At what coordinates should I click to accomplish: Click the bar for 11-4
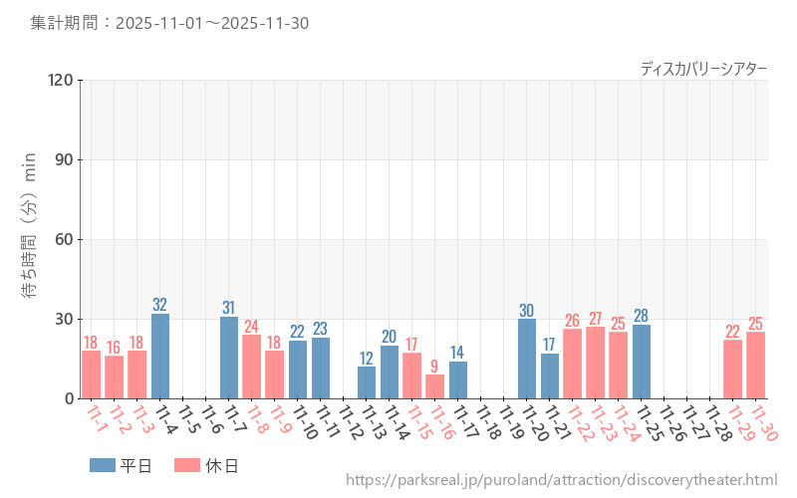(x=160, y=357)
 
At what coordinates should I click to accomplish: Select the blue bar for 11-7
(x=229, y=358)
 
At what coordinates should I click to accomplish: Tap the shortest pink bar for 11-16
(x=434, y=386)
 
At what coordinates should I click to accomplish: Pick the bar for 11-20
(x=527, y=359)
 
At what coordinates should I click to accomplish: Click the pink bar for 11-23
(x=596, y=363)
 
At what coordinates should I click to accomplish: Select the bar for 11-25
(x=642, y=362)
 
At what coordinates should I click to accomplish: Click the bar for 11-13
(x=367, y=382)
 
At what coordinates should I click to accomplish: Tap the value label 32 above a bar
(x=160, y=305)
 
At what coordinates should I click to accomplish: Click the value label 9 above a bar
(x=434, y=366)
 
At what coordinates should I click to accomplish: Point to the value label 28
(x=642, y=316)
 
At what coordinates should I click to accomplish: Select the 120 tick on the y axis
(x=61, y=80)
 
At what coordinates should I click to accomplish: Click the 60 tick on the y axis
(x=65, y=239)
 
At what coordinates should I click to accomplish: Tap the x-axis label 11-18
(x=487, y=420)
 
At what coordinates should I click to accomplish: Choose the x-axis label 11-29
(x=739, y=420)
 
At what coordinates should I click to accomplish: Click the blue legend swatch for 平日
(x=103, y=465)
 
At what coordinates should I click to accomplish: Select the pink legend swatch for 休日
(x=187, y=465)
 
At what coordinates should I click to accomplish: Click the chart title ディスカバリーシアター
(x=703, y=68)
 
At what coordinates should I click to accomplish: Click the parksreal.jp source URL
(x=561, y=480)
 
